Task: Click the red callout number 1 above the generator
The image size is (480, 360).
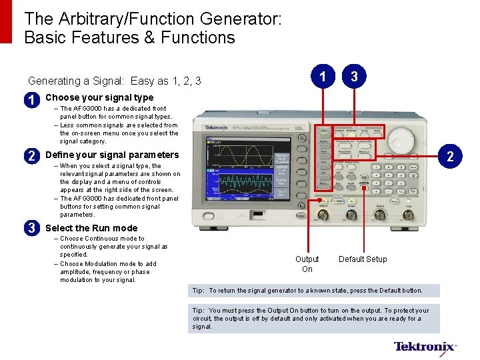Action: pyautogui.click(x=323, y=77)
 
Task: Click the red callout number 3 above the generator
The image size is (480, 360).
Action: pyautogui.click(x=354, y=77)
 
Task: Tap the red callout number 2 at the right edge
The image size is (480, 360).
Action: pyautogui.click(x=451, y=157)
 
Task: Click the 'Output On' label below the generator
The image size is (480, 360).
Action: pyautogui.click(x=307, y=264)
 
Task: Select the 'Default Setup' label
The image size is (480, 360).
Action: pyautogui.click(x=363, y=259)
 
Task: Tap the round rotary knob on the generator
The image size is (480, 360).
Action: pyautogui.click(x=401, y=140)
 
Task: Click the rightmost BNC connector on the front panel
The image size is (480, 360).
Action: pyautogui.click(x=407, y=215)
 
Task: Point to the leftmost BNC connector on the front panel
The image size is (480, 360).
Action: pyautogui.click(x=323, y=215)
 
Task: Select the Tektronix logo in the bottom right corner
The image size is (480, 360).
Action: pyautogui.click(x=425, y=347)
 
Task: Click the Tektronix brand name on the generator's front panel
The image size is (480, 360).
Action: pyautogui.click(x=217, y=127)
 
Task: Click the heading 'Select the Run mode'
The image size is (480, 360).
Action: pyautogui.click(x=91, y=228)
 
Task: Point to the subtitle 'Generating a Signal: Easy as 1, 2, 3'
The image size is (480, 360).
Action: pyautogui.click(x=115, y=81)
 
